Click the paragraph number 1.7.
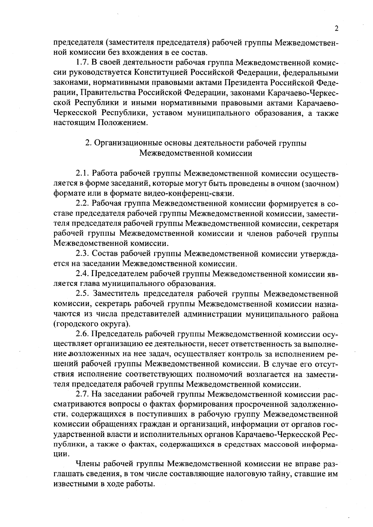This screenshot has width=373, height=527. tap(82, 62)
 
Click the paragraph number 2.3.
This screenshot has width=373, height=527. tap(82, 254)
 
